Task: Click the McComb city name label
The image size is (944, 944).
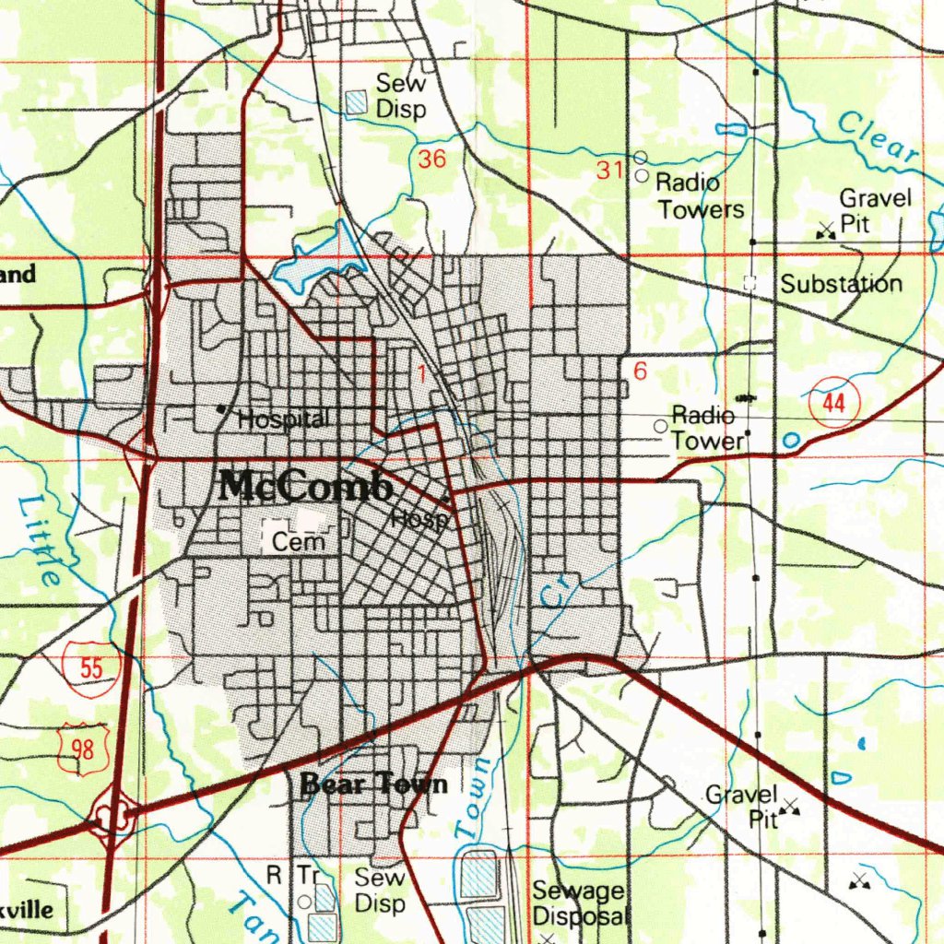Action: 304,487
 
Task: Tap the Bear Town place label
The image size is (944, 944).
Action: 374,785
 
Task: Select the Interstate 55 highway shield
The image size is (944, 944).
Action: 91,667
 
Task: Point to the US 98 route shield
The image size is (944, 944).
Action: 83,749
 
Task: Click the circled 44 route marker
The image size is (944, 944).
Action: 834,403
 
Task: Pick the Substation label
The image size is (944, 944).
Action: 841,284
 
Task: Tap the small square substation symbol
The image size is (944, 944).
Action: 750,284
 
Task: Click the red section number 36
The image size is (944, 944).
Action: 431,159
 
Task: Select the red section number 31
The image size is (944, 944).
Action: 610,170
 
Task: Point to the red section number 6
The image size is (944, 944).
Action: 641,371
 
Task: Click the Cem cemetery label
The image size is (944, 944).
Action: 298,542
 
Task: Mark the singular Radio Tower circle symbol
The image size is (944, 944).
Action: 660,426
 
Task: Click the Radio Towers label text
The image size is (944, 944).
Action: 699,196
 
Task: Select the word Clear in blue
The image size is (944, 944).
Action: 879,138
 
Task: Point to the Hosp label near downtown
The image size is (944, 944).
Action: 419,519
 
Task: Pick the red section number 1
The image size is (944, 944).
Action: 422,373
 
